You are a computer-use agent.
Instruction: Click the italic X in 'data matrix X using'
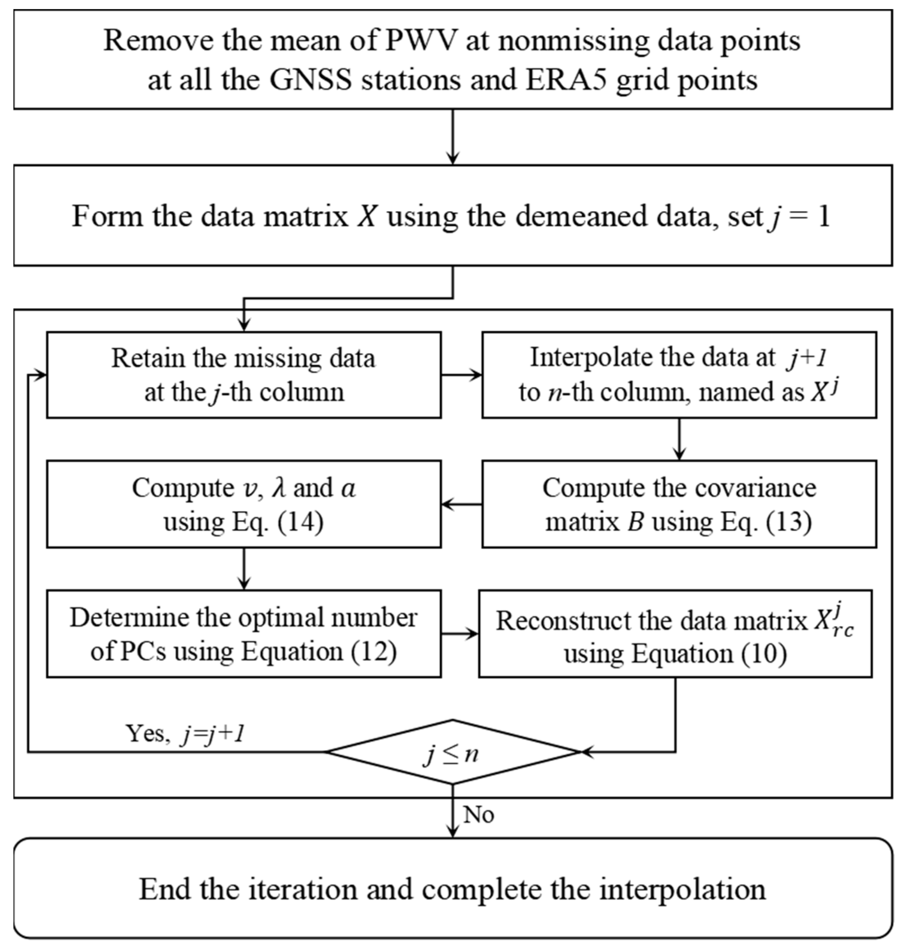coord(367,216)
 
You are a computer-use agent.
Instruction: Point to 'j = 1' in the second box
coord(798,216)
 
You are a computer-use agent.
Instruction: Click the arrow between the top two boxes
coord(452,137)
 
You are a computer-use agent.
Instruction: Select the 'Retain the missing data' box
coord(244,374)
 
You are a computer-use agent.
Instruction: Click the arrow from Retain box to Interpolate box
coord(461,375)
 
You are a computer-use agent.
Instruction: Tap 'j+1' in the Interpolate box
coord(807,358)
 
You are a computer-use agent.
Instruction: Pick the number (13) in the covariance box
coord(789,522)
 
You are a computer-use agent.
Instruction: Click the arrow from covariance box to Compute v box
coord(461,504)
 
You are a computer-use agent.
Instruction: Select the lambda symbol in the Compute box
coord(279,488)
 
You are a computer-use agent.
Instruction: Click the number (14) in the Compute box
coord(300,522)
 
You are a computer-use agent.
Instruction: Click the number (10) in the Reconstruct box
coord(764,654)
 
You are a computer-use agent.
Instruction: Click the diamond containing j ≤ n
coord(452,753)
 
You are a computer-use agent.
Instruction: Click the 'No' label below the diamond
coord(478,815)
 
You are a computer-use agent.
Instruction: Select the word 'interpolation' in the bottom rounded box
coord(682,889)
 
